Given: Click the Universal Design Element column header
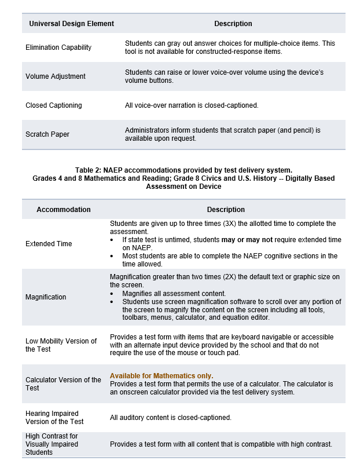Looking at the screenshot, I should point(71,24).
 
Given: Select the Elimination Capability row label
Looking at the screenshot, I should point(58,48).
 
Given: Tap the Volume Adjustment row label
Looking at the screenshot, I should point(56,76).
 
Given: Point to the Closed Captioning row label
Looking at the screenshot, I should point(54,105).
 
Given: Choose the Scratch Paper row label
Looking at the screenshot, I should point(47,134).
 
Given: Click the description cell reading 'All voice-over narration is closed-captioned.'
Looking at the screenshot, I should point(192,105).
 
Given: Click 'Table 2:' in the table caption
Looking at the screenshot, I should point(88,170).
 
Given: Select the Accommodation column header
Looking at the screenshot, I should point(64,210).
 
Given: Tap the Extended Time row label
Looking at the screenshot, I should point(49,244).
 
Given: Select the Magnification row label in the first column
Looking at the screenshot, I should point(46,297).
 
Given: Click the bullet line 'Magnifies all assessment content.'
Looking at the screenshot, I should point(174,293).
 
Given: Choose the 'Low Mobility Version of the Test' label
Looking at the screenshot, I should point(61,345).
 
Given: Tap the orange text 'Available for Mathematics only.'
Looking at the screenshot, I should point(161,375).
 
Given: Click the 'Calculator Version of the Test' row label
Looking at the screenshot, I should point(63,383).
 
